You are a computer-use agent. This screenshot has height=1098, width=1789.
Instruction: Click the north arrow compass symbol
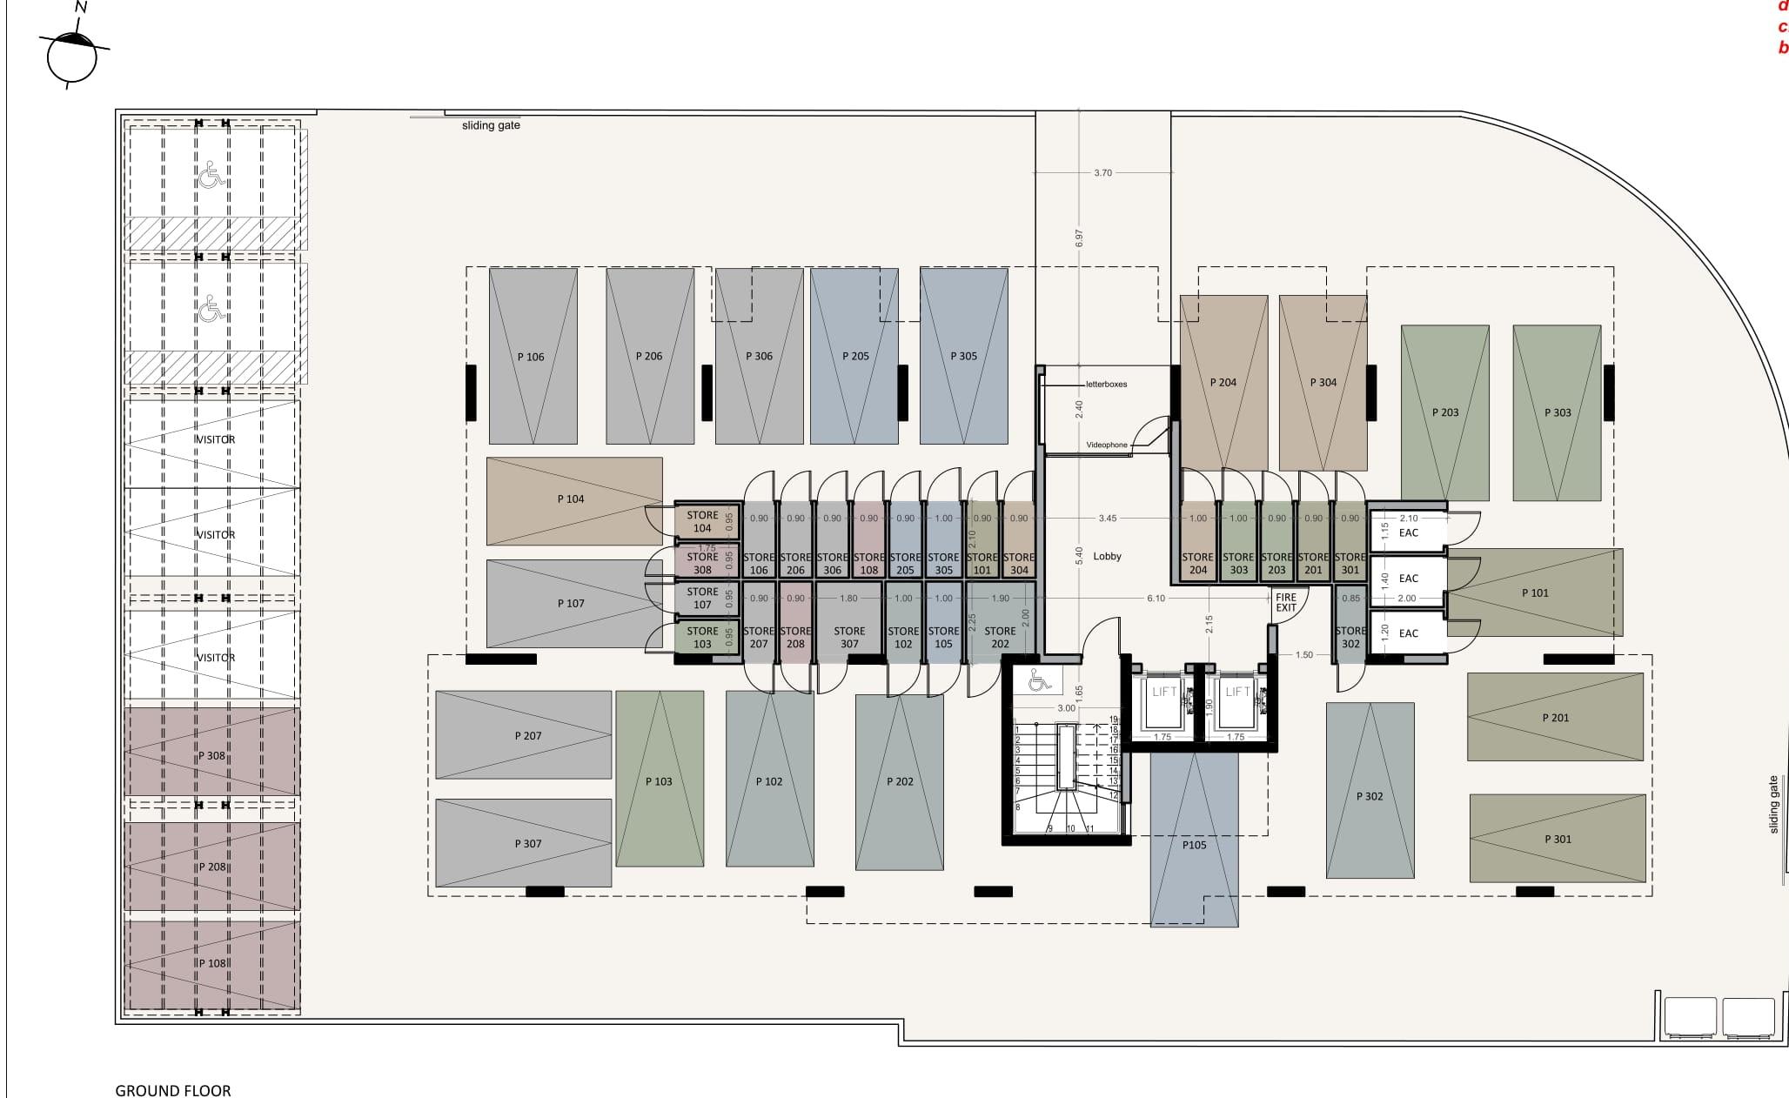coord(72,55)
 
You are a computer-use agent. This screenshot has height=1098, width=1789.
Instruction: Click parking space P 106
coord(533,357)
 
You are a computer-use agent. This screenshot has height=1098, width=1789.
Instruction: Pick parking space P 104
coord(573,500)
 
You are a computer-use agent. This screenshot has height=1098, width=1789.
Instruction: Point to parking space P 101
coord(1534,593)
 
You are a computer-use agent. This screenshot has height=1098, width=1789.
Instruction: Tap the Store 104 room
coord(702,521)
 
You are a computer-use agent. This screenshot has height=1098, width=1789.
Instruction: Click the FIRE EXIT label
coord(1285,602)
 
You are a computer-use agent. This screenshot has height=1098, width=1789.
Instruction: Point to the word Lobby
coord(1107,557)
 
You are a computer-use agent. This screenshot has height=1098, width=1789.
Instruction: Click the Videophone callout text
coord(1106,445)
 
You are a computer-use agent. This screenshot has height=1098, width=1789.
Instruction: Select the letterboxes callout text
coord(1106,385)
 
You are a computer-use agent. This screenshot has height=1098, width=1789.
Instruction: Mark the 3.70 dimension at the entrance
coord(1102,173)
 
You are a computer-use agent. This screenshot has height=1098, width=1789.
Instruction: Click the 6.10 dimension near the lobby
coord(1156,599)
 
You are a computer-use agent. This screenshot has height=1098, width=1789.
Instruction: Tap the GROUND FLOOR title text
coord(173,1090)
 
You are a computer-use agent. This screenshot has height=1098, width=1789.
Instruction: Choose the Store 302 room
coord(1350,637)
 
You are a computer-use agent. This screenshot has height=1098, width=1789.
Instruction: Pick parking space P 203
coord(1444,412)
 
